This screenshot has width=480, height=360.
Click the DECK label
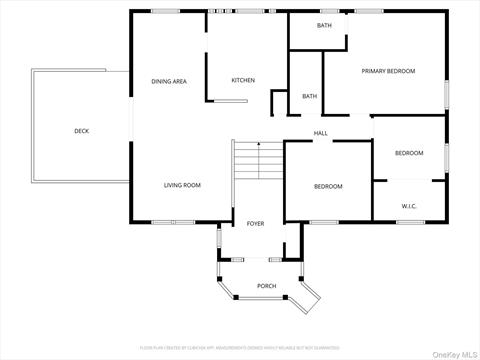(81, 131)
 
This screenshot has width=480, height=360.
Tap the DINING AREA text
(169, 81)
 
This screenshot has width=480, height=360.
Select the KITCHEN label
(243, 80)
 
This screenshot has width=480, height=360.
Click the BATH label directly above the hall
(310, 96)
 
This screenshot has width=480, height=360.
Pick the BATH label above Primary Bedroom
(325, 25)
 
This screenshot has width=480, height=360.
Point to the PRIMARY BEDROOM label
(388, 71)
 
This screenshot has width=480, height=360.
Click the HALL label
(321, 133)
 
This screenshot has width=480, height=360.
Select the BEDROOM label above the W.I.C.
(409, 153)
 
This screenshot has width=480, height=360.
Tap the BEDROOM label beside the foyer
(328, 187)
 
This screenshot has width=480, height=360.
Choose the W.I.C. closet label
(409, 206)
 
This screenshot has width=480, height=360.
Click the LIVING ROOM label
(183, 185)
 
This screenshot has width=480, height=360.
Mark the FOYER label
(256, 224)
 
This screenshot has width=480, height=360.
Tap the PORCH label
(267, 286)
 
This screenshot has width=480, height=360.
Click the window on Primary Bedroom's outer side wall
(446, 92)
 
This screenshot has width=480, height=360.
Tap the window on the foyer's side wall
(218, 240)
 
